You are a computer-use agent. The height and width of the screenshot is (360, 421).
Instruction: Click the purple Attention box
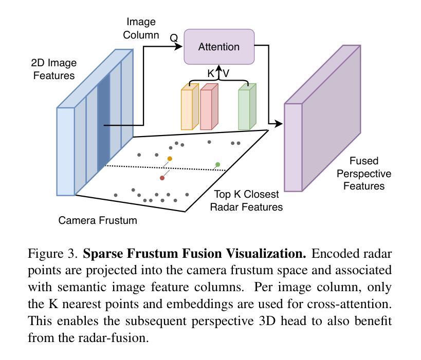[219, 47]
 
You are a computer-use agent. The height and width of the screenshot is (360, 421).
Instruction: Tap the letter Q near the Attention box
[174, 37]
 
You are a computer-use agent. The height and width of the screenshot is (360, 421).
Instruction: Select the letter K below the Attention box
[211, 73]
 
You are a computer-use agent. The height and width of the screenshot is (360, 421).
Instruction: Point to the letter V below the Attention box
[226, 73]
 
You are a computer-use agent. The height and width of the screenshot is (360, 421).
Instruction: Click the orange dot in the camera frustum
[170, 159]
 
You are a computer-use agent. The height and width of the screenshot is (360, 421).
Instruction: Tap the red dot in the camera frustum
[162, 178]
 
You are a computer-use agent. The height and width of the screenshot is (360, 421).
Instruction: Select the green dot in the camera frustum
[218, 164]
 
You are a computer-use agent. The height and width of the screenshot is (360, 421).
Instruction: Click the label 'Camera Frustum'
[98, 221]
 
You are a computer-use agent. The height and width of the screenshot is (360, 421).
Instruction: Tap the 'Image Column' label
[141, 28]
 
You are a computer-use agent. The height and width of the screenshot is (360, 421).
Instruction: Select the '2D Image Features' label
[53, 69]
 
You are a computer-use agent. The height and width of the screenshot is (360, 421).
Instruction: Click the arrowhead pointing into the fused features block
[280, 124]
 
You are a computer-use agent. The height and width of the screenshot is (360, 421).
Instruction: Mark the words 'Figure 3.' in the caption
[53, 254]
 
